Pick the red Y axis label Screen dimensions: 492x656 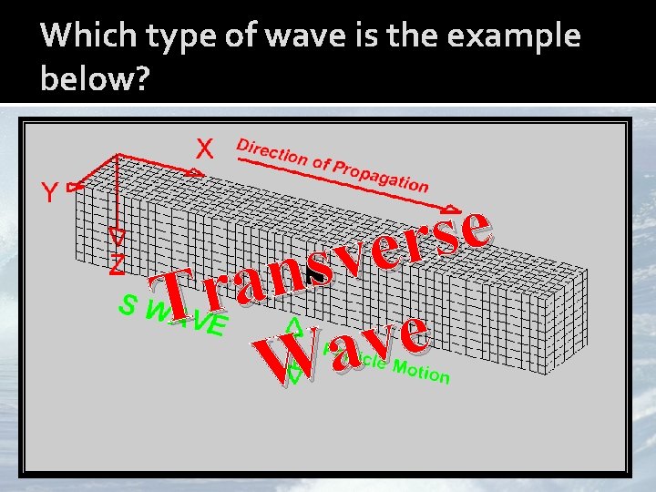[x=47, y=192]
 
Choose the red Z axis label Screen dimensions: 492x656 [x=117, y=264]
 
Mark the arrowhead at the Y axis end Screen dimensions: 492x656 [x=76, y=186]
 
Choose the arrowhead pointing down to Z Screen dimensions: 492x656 [x=117, y=237]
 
